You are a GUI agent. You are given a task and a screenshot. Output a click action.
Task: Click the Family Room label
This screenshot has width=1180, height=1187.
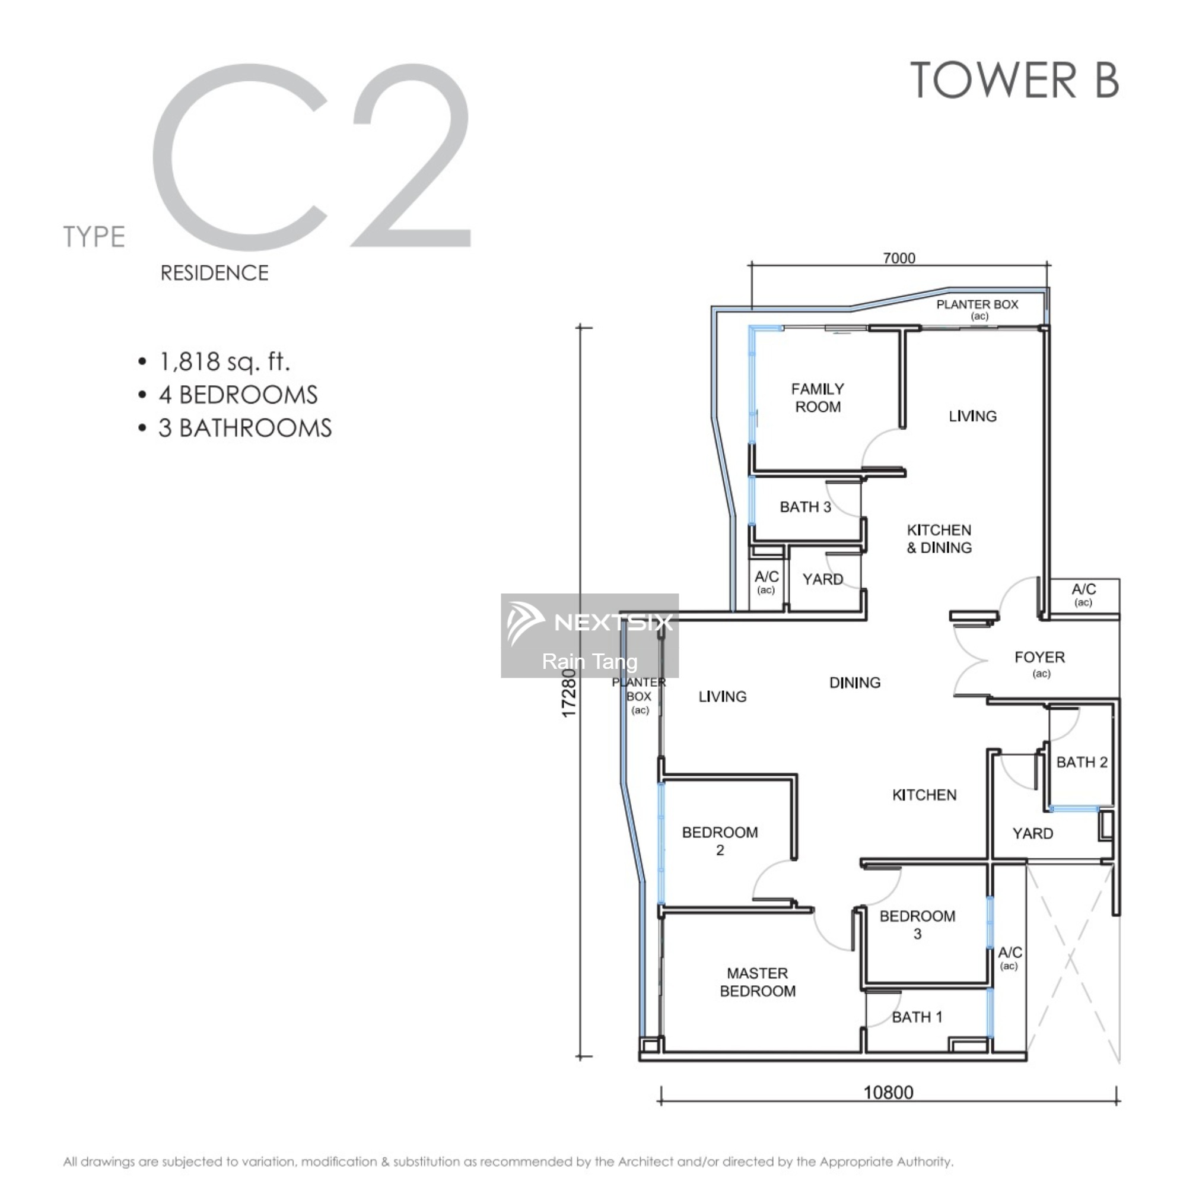[x=818, y=398]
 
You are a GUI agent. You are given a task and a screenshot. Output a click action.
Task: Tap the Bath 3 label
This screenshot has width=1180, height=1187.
[x=805, y=507]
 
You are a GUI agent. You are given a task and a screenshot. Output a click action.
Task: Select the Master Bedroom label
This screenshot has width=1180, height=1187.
[x=758, y=982]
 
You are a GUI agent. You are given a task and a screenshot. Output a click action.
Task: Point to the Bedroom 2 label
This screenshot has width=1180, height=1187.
[x=720, y=841]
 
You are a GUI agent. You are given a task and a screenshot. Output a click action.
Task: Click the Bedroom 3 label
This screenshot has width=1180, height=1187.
[x=917, y=925]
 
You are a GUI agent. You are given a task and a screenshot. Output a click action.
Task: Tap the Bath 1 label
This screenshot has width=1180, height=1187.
[x=917, y=1017]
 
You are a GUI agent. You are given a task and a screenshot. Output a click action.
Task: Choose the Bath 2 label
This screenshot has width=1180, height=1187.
[x=1082, y=762]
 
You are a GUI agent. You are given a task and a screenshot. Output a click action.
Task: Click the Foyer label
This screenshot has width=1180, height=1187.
[x=1039, y=657]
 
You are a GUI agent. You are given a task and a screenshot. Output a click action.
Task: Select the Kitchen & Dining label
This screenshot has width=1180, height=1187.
[x=939, y=539]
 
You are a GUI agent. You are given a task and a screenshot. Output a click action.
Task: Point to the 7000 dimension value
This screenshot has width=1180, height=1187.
[x=899, y=258]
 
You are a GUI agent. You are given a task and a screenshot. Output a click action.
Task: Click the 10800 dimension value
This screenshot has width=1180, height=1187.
[x=888, y=1093]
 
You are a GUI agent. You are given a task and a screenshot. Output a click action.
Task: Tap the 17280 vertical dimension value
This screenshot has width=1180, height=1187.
[x=570, y=693]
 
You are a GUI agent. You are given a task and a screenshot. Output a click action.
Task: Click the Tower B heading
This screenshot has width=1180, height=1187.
[x=1014, y=80]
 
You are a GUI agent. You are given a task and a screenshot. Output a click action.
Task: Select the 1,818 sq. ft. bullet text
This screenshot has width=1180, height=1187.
[x=224, y=361]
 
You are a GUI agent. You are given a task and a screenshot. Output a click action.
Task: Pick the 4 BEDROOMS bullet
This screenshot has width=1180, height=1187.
[x=238, y=395]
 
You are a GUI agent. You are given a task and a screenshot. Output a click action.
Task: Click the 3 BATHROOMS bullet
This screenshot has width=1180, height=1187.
[x=245, y=427]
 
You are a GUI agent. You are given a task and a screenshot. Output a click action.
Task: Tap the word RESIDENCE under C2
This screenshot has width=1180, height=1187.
[x=214, y=273]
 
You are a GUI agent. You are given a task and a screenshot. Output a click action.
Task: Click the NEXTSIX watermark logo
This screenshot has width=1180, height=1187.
[x=590, y=622]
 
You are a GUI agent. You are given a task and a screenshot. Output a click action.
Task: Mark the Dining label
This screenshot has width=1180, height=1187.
[x=854, y=682]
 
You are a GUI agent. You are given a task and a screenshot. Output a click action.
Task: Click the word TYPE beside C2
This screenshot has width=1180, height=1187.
[x=94, y=237]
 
